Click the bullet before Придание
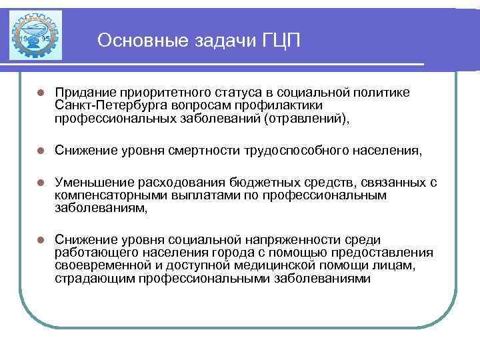[41, 91]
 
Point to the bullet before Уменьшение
[41, 182]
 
